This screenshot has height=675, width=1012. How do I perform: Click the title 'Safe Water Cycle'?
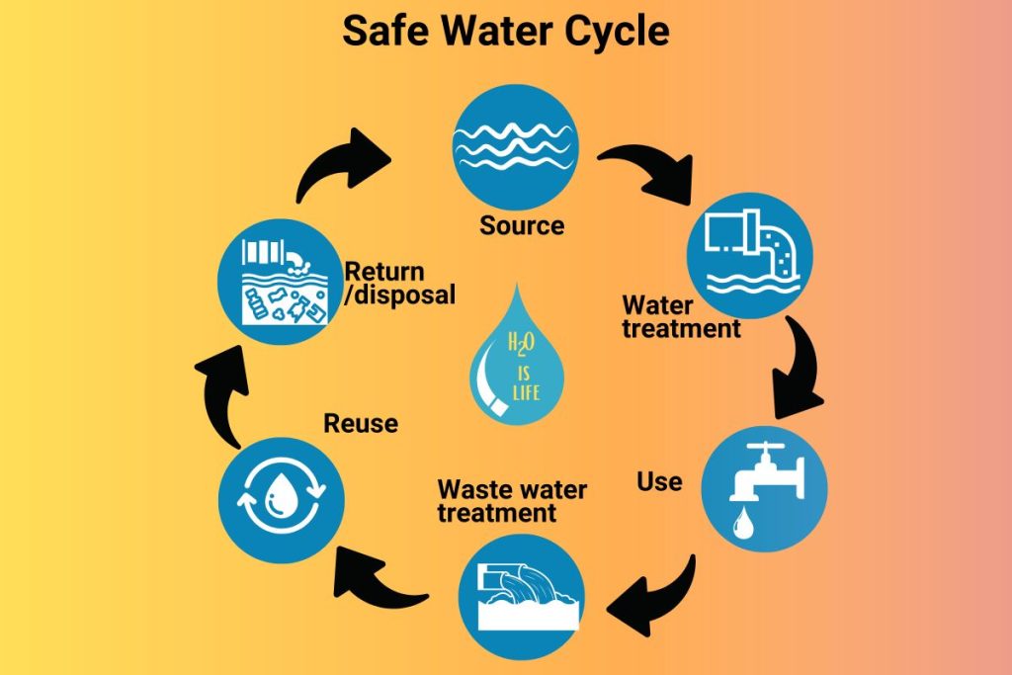(505, 32)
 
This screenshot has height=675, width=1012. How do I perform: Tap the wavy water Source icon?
(515, 142)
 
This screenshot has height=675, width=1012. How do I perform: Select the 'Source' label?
(522, 225)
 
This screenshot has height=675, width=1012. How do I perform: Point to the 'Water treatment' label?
(680, 315)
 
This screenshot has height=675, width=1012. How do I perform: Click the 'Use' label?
(659, 481)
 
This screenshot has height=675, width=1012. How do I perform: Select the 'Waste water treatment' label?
(512, 501)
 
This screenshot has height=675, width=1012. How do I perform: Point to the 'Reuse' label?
(361, 424)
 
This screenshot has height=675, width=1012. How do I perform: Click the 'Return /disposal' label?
(399, 283)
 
